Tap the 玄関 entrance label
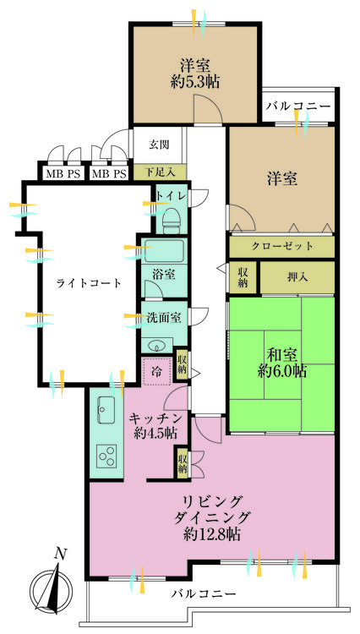tap(160, 145)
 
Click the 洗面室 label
tap(164, 319)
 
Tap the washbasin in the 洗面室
tap(157, 345)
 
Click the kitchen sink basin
tap(107, 412)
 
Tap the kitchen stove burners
tap(108, 457)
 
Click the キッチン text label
tap(153, 417)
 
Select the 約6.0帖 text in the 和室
tap(282, 371)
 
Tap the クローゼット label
tap(282, 246)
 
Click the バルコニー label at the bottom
tap(203, 594)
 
